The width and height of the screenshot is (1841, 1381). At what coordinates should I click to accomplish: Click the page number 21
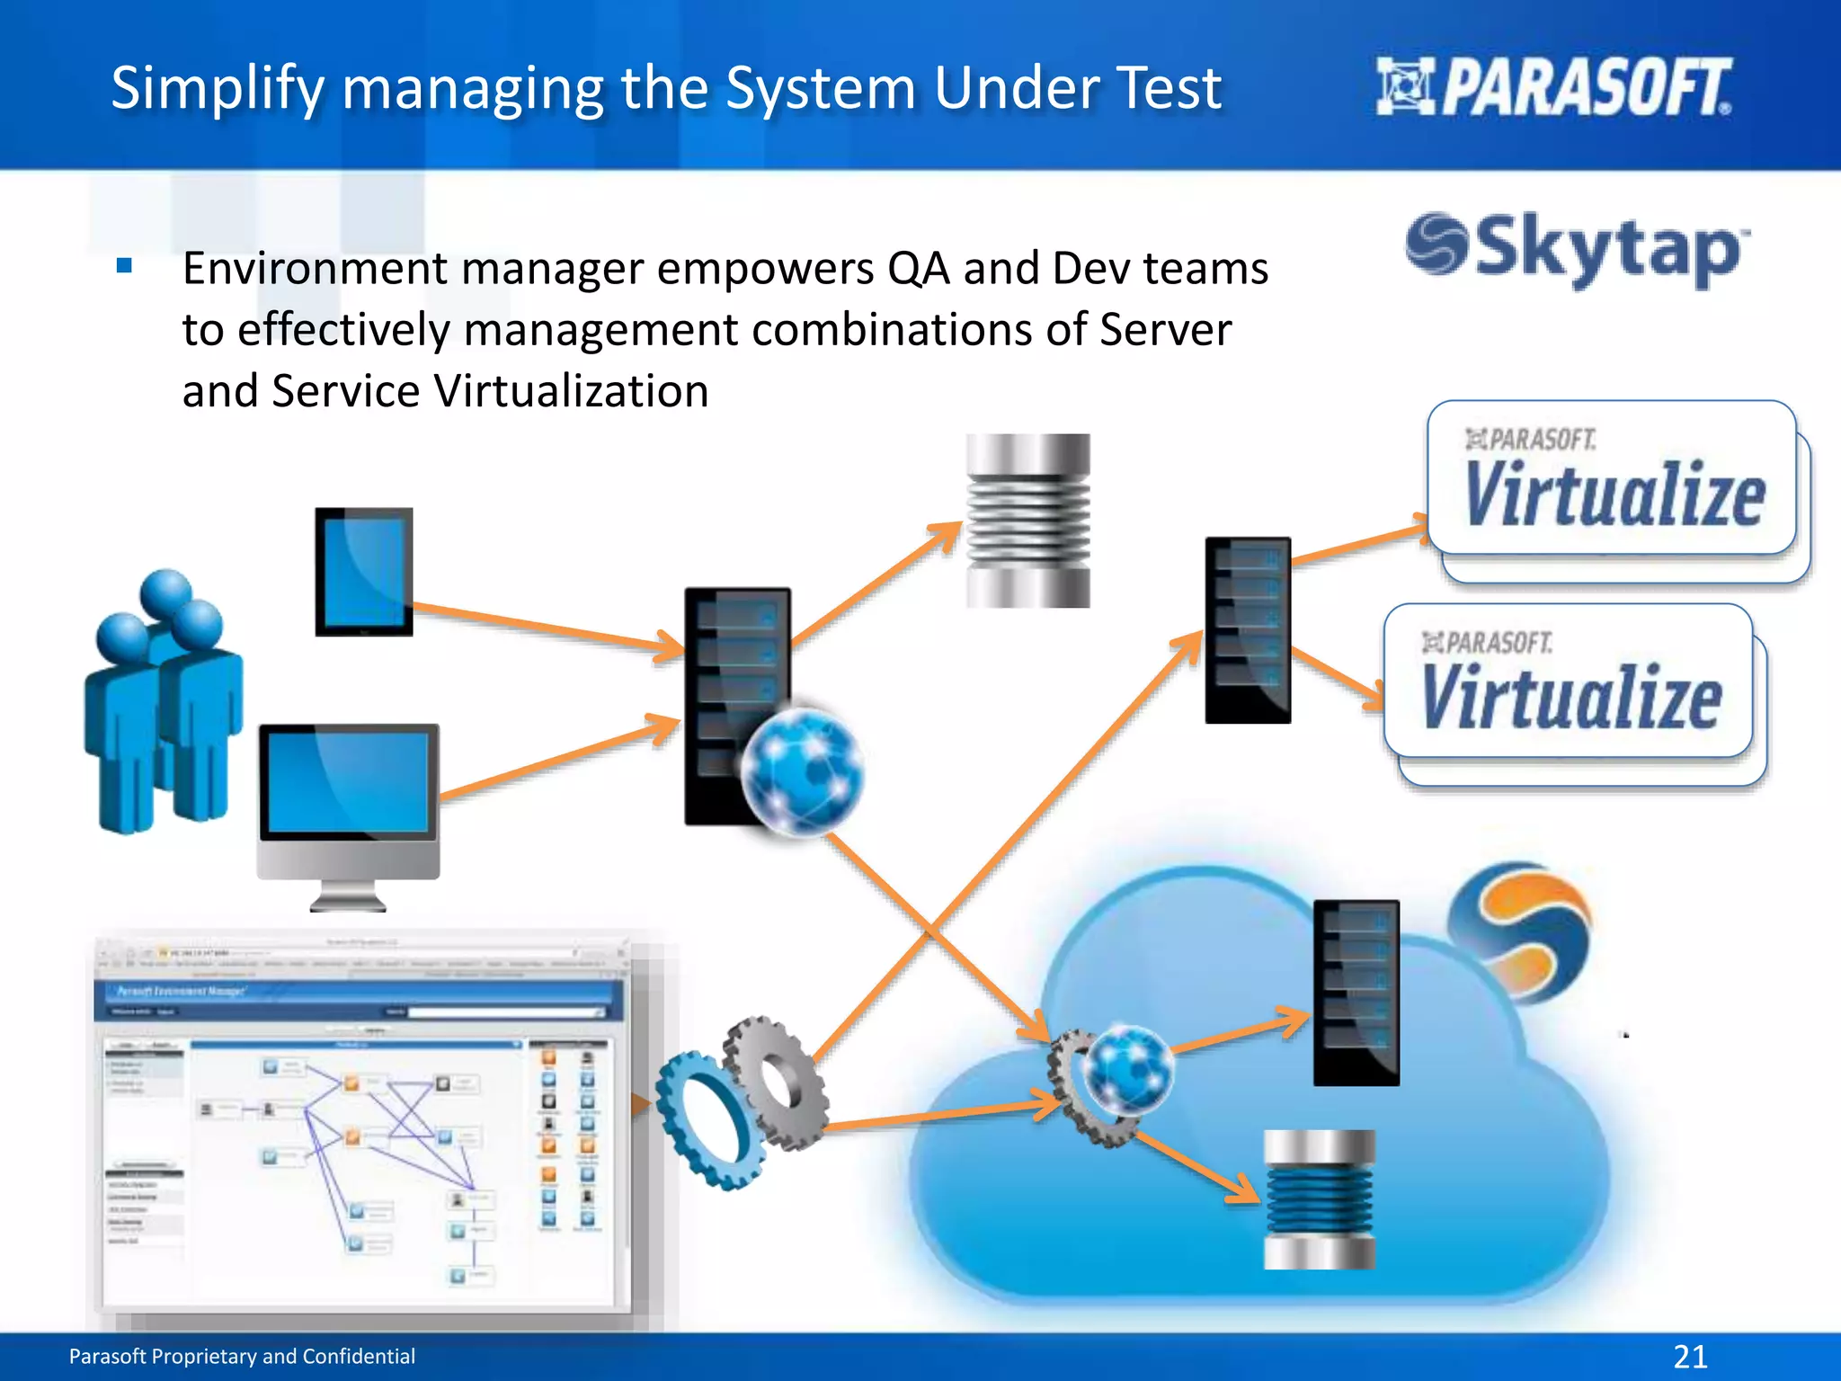(x=1690, y=1356)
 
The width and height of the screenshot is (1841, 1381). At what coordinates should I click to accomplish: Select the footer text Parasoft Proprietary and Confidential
(x=242, y=1356)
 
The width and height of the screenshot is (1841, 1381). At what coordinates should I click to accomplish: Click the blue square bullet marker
(x=125, y=265)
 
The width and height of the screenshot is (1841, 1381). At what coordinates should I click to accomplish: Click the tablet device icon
(x=363, y=572)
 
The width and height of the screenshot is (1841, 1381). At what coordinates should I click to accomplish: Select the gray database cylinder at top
(x=1027, y=521)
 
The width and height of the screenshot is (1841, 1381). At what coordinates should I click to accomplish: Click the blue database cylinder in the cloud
(x=1319, y=1199)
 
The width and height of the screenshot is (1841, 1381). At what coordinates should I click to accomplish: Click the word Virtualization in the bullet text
(x=571, y=391)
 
